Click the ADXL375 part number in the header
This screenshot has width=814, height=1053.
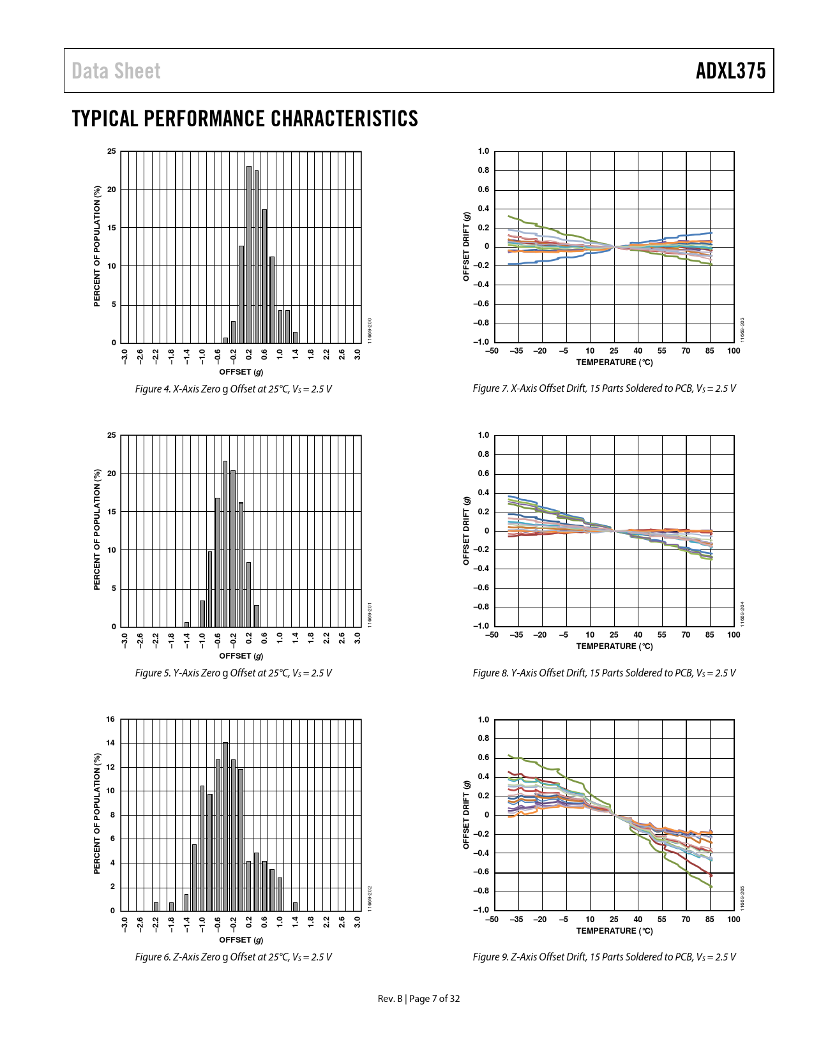tap(730, 71)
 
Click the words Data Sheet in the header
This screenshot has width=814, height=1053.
tap(116, 71)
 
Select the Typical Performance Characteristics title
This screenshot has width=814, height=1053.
tap(245, 119)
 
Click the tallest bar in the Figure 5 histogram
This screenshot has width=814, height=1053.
tap(225, 544)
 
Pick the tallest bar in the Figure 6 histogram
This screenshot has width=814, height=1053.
tap(225, 826)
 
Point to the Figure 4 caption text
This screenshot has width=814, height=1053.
tap(233, 389)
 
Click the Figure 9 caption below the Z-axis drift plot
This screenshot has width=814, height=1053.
tap(604, 957)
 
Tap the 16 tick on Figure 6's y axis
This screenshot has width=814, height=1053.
tap(110, 719)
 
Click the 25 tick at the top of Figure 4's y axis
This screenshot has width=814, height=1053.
tap(112, 151)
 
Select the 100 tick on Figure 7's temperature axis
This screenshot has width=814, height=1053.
tap(734, 350)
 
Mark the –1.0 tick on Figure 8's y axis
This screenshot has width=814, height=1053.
tap(481, 626)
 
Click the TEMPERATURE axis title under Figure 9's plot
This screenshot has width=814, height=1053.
tap(614, 930)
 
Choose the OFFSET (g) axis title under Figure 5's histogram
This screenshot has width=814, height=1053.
tap(241, 655)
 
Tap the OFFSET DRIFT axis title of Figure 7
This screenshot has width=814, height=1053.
tap(466, 246)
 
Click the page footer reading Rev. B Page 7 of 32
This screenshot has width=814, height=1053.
tap(419, 999)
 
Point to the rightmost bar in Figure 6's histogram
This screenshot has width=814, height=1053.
tap(295, 906)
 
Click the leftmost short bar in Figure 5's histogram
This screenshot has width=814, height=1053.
tap(186, 624)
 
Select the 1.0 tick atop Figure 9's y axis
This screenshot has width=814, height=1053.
tap(483, 719)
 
